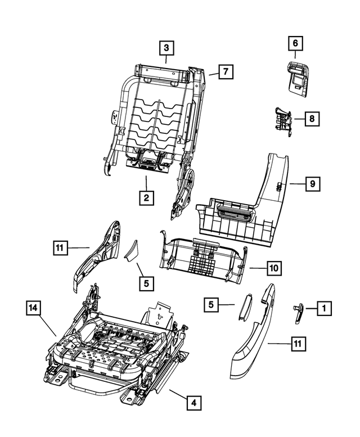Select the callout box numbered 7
click(226, 72)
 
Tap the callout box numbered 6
click(296, 42)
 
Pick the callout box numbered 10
click(273, 268)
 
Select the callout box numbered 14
click(34, 308)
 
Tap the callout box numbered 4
click(193, 403)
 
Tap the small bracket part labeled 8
click(283, 120)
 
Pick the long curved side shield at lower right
click(254, 343)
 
